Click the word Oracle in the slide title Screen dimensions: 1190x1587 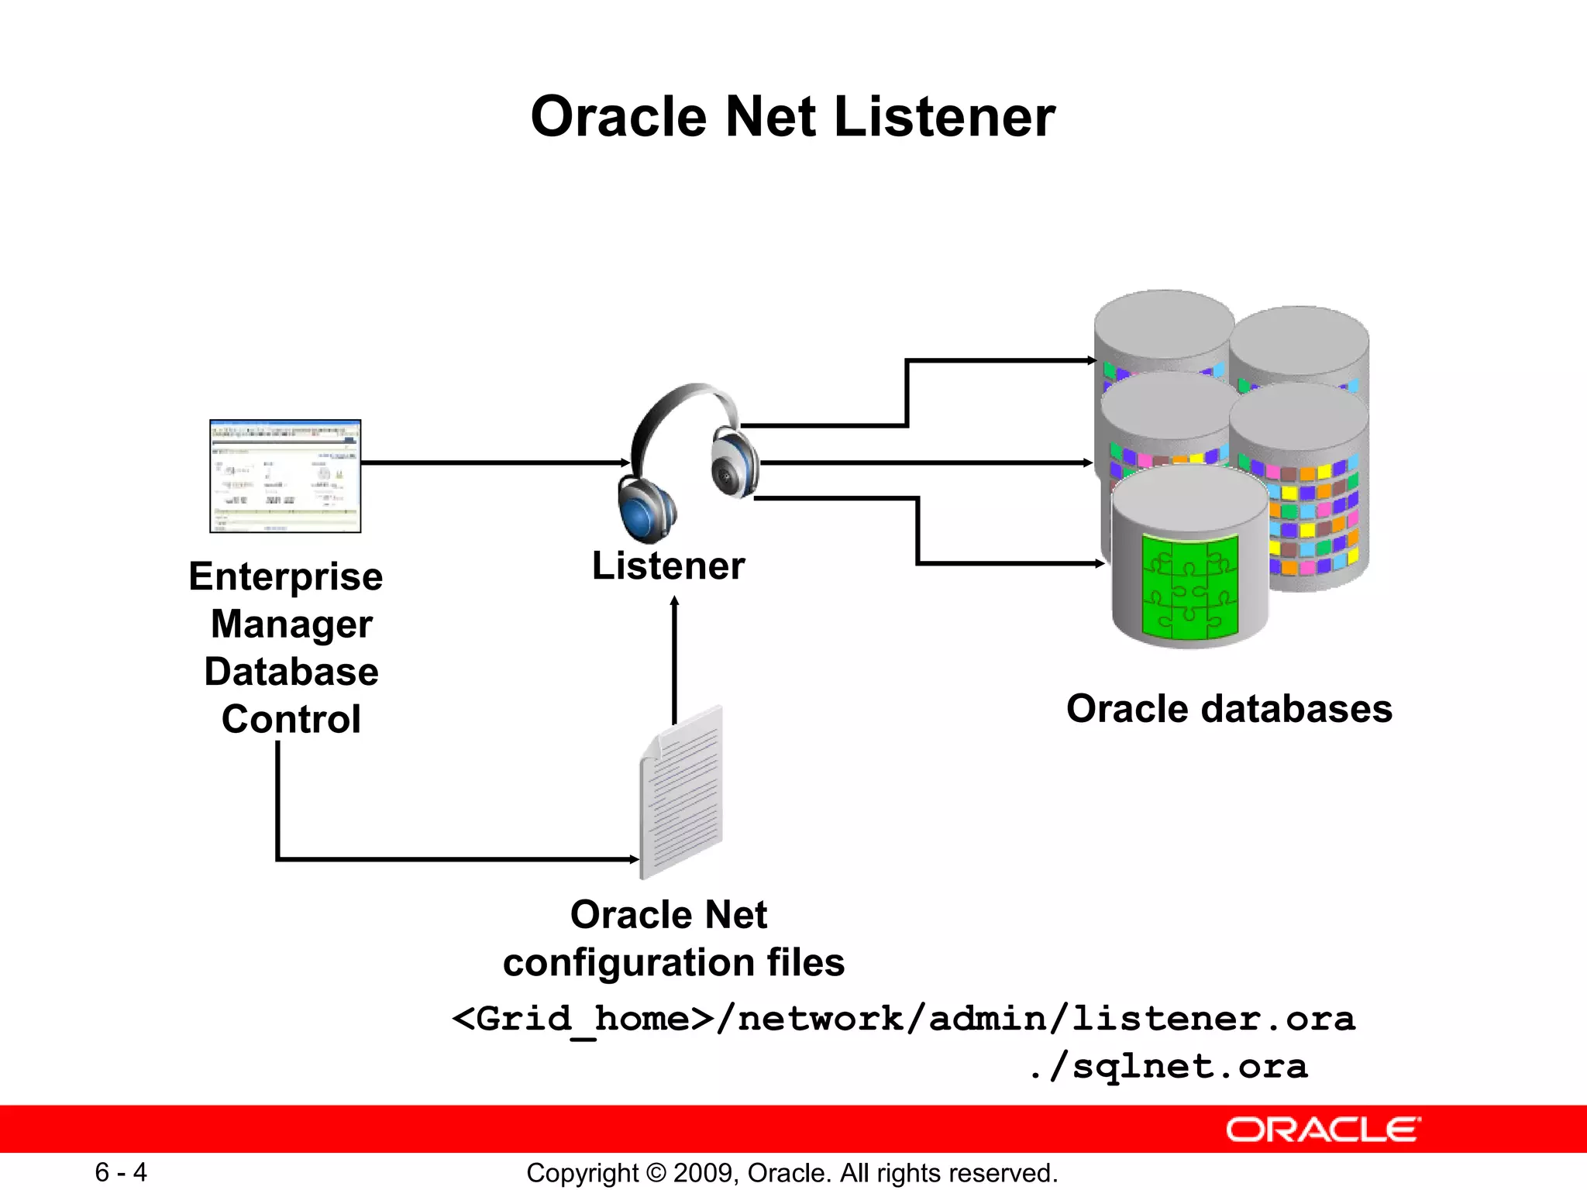click(x=618, y=117)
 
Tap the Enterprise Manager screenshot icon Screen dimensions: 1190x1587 click(x=285, y=476)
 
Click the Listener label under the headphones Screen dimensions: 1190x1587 click(x=668, y=566)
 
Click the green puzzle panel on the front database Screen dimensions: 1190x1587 click(x=1189, y=586)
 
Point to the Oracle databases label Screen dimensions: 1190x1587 click(x=1229, y=709)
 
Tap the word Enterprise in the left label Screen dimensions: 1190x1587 click(x=286, y=577)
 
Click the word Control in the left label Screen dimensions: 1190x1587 click(x=291, y=719)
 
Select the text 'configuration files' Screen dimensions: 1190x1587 click(x=673, y=963)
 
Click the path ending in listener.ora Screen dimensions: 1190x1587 click(x=903, y=1018)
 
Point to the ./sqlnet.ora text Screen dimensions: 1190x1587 click(x=1169, y=1066)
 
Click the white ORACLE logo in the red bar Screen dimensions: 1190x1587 click(x=1323, y=1130)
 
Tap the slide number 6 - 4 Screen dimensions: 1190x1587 click(x=121, y=1172)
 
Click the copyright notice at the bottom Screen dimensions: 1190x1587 click(x=792, y=1173)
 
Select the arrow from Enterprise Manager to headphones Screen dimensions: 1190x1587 click(x=496, y=463)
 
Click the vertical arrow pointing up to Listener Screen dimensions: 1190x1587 click(x=674, y=659)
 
